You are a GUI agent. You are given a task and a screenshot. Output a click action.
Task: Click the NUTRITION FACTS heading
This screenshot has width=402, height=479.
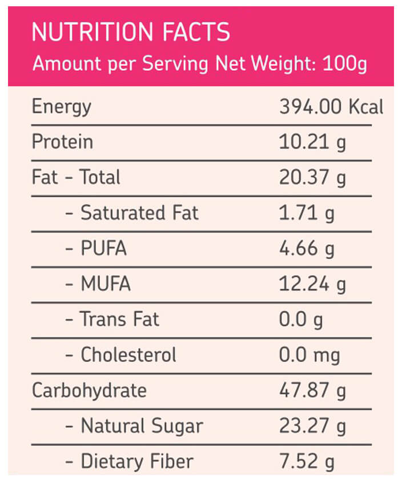pyautogui.click(x=131, y=32)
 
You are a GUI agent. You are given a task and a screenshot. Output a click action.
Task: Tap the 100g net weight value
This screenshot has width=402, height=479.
pyautogui.click(x=345, y=65)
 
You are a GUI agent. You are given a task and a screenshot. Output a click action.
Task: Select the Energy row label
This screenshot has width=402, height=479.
pyautogui.click(x=62, y=107)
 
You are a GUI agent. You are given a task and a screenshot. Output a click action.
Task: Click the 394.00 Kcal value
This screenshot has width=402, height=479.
pyautogui.click(x=331, y=107)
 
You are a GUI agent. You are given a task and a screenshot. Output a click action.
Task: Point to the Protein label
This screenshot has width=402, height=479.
pyautogui.click(x=63, y=142)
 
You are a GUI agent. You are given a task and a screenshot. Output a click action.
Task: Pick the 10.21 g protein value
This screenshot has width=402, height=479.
pyautogui.click(x=312, y=143)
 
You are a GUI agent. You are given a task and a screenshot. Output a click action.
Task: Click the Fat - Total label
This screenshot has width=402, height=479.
pyautogui.click(x=76, y=177)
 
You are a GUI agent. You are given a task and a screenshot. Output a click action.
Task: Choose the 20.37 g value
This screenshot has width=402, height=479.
pyautogui.click(x=312, y=178)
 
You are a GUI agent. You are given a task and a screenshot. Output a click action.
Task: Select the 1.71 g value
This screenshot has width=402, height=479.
pyautogui.click(x=307, y=214)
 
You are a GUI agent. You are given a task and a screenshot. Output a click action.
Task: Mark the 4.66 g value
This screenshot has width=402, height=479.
pyautogui.click(x=307, y=249)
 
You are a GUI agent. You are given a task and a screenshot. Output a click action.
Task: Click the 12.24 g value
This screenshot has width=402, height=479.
pyautogui.click(x=312, y=285)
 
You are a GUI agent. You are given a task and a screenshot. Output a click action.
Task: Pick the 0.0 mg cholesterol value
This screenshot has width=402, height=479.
pyautogui.click(x=309, y=356)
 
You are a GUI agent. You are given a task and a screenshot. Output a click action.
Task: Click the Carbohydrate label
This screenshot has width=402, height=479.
pyautogui.click(x=89, y=391)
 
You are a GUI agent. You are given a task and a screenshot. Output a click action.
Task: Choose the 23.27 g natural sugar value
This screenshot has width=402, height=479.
pyautogui.click(x=312, y=426)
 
